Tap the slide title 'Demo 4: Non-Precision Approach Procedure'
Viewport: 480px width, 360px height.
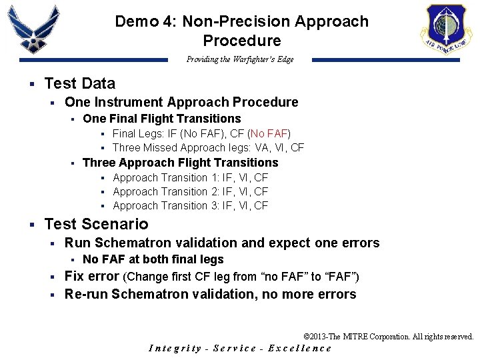[x=241, y=31]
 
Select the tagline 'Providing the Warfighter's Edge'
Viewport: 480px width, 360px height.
[x=240, y=59]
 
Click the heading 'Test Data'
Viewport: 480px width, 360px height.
[x=79, y=83]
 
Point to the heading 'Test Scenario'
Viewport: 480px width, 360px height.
[x=96, y=224]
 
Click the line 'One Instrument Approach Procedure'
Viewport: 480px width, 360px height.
[x=181, y=102]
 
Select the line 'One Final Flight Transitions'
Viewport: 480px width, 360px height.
[x=161, y=119]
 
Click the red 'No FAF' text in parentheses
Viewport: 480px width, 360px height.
[x=270, y=133]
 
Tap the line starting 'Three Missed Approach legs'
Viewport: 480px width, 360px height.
[x=208, y=147]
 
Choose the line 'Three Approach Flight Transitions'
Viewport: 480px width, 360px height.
[x=180, y=163]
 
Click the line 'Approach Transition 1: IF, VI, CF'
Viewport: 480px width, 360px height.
[x=190, y=177]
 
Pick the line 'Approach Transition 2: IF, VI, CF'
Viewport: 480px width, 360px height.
[x=190, y=191]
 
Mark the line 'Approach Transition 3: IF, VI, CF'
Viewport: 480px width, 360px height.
[x=190, y=205]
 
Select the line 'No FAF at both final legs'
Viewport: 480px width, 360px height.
[x=153, y=259]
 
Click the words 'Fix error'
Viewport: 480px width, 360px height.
[x=91, y=276]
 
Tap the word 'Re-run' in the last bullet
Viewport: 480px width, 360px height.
[x=86, y=294]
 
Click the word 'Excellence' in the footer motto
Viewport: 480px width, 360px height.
[x=299, y=348]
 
